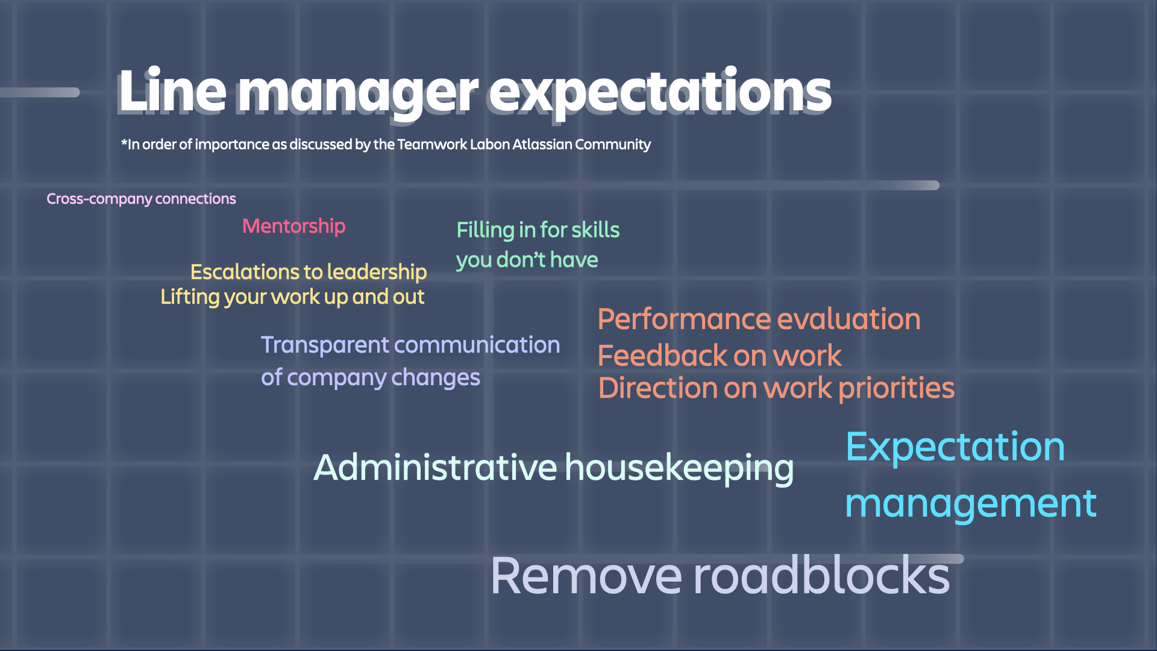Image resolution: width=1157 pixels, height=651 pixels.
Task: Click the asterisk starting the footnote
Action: point(124,142)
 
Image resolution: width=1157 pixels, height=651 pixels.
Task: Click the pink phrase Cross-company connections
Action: point(141,199)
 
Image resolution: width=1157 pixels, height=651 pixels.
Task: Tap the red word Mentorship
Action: point(294,227)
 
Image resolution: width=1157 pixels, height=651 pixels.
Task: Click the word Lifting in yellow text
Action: point(190,297)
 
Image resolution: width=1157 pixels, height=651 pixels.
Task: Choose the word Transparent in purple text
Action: point(325,345)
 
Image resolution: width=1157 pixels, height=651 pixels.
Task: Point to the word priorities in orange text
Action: point(897,389)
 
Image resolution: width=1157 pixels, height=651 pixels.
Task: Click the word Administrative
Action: point(436,468)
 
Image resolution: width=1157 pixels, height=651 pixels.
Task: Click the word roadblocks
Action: point(822,576)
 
